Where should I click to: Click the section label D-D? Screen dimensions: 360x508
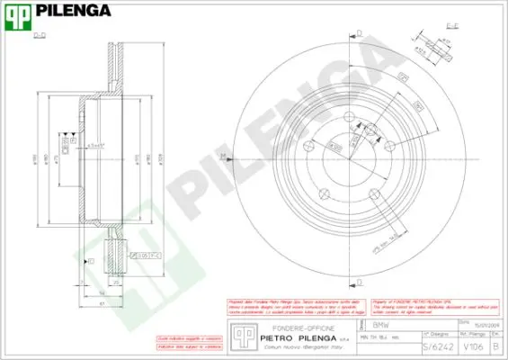coord(40,35)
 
